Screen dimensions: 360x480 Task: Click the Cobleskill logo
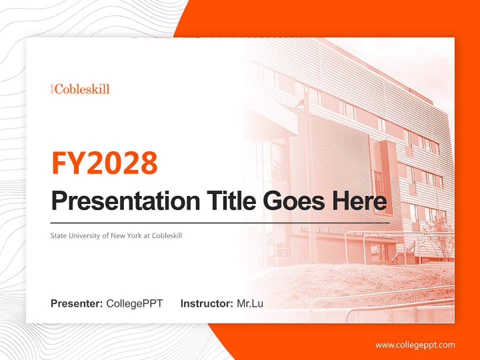point(80,89)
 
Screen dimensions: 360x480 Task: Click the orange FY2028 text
point(104,163)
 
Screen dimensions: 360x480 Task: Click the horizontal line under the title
point(220,222)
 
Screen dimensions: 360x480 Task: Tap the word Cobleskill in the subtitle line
point(166,235)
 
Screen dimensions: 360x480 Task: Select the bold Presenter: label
point(77,303)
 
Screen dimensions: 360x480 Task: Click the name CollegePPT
point(134,303)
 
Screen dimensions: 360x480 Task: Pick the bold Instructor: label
point(206,303)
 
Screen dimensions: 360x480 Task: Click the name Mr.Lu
point(250,303)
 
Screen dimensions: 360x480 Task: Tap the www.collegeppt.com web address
point(415,344)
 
